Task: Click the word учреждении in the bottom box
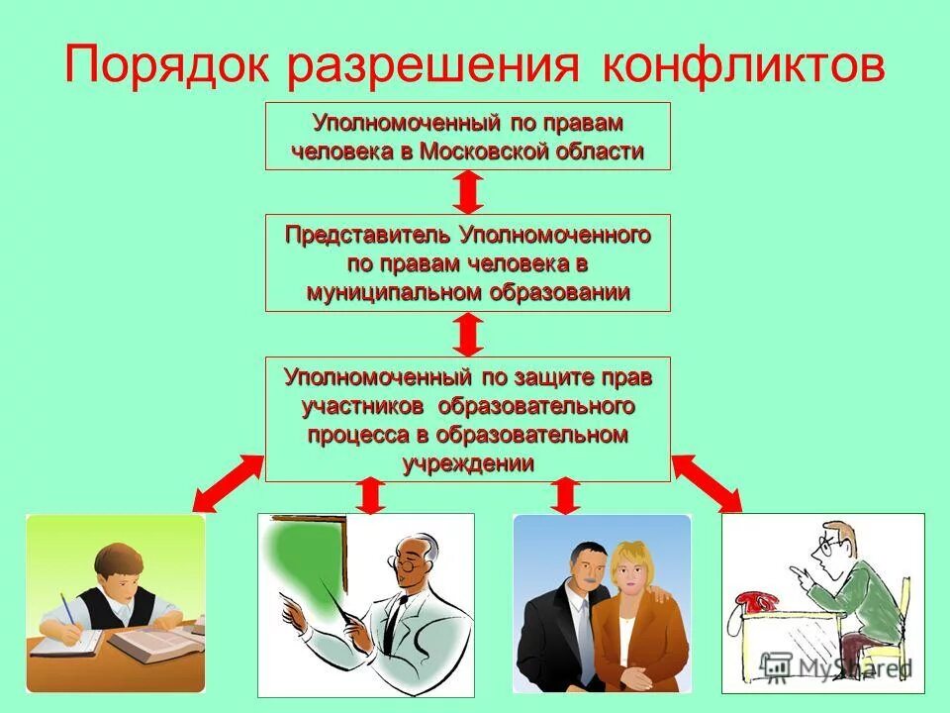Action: coord(468,462)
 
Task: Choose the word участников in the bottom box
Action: coord(363,406)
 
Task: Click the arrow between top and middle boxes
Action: coord(470,192)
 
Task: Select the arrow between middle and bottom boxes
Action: coord(470,335)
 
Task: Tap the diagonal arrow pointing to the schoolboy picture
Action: coord(227,482)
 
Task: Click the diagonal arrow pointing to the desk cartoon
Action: coord(707,483)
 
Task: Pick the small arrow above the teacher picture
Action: coord(369,495)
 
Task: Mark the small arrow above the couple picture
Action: coord(564,495)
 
